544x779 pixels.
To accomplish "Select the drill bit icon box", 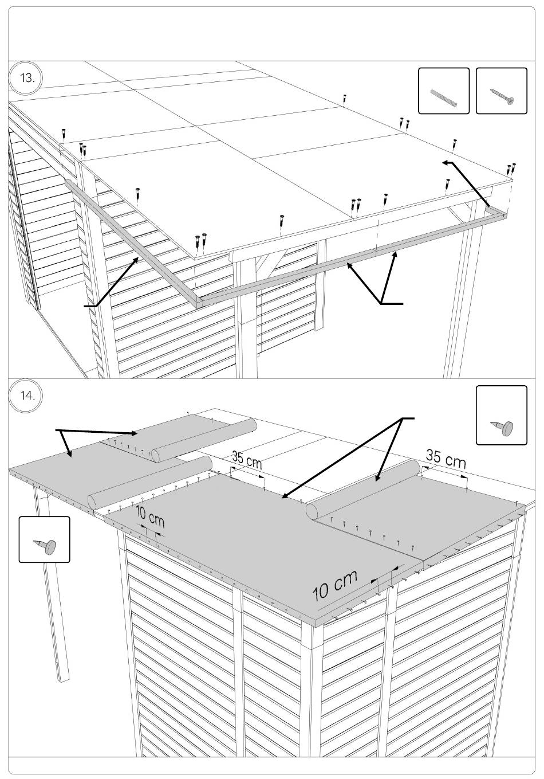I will [x=444, y=91].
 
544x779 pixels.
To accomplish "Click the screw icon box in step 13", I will [x=502, y=91].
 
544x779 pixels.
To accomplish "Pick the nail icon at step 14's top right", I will [x=502, y=416].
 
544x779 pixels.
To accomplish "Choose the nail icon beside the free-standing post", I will [x=45, y=539].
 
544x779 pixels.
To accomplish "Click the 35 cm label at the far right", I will [x=446, y=459].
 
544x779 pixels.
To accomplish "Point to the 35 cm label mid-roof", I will [x=247, y=460].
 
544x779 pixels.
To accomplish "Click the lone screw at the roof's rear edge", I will [x=345, y=99].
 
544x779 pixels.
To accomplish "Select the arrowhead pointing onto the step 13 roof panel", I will [x=446, y=164].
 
